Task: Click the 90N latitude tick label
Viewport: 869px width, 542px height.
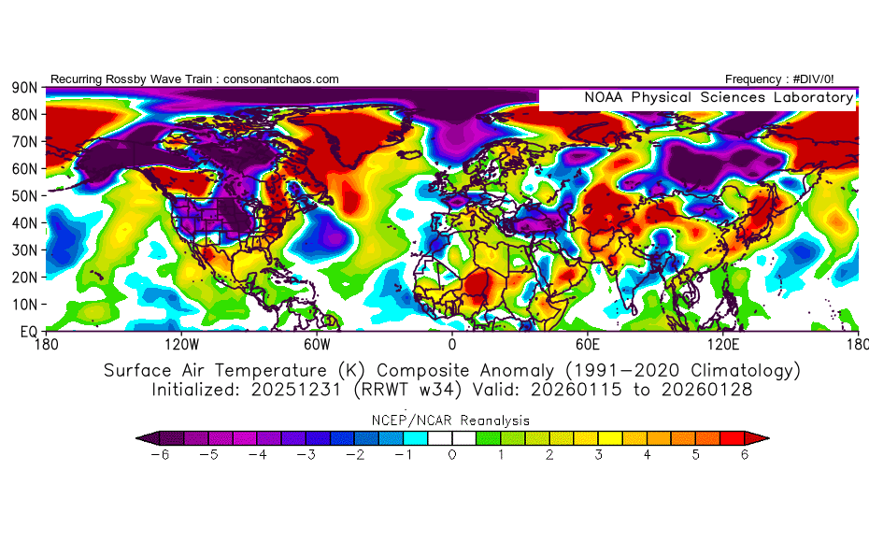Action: click(x=23, y=88)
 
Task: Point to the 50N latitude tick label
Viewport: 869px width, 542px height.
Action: click(x=23, y=196)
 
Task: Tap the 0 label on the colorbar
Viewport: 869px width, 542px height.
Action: click(x=452, y=454)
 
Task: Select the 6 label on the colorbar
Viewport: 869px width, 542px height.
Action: click(x=745, y=454)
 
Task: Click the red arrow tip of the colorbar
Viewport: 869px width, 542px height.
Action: click(x=762, y=436)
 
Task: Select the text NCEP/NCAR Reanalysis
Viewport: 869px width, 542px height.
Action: click(x=452, y=420)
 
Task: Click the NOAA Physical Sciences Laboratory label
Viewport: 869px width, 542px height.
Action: click(x=718, y=97)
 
